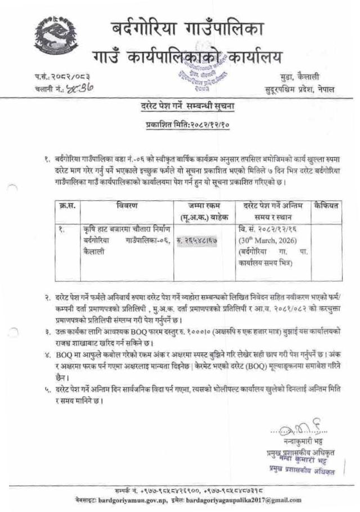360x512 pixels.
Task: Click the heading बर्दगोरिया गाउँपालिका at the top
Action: click(x=186, y=29)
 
